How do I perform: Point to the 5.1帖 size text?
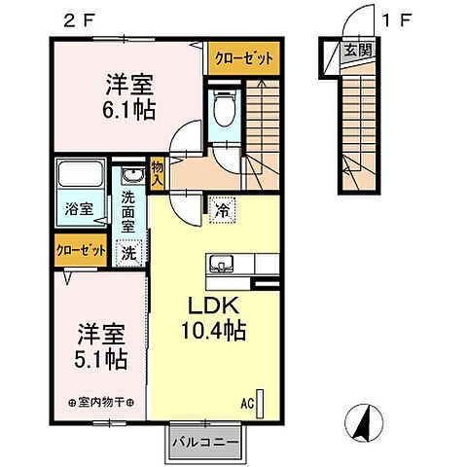101,358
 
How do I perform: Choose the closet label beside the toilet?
243,57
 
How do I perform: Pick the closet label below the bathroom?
82,250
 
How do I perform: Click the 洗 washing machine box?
128,252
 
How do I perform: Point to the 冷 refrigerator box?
221,206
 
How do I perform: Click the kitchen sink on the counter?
219,264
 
